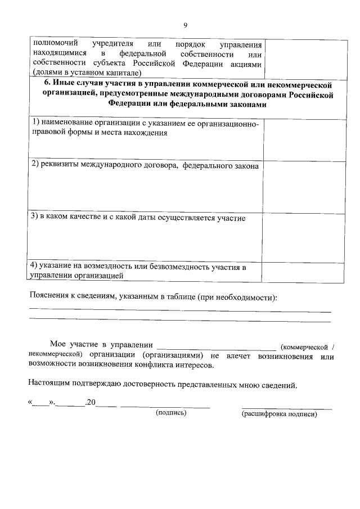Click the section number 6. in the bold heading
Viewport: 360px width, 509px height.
tap(47, 84)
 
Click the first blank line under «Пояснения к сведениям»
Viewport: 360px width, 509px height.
tap(180, 311)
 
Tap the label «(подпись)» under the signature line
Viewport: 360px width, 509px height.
tap(171, 413)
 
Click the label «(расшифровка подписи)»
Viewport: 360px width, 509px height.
tap(279, 415)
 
